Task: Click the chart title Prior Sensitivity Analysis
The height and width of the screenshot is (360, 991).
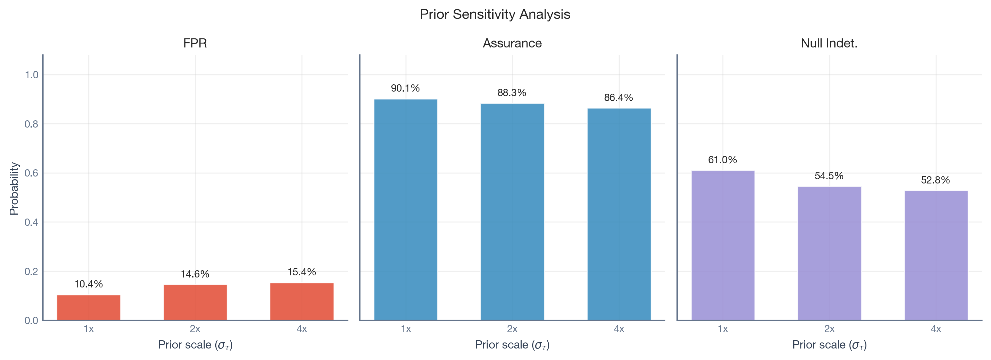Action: (x=495, y=14)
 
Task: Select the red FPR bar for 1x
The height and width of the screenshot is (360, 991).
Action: (x=89, y=307)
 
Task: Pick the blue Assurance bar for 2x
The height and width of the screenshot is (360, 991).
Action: (x=512, y=212)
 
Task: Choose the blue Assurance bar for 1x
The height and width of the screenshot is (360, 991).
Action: (x=406, y=209)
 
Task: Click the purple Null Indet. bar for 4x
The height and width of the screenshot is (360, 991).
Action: (x=936, y=255)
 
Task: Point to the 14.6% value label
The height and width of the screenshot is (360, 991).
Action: (x=195, y=274)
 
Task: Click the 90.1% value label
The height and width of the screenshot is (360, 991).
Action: (x=405, y=88)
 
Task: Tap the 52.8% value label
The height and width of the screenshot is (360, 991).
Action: (x=935, y=180)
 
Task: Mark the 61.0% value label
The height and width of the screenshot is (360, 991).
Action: (x=722, y=160)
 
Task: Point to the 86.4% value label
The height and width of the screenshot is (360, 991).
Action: (x=618, y=97)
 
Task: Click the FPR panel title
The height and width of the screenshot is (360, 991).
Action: (x=195, y=43)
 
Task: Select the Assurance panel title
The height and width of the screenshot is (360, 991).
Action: (x=512, y=43)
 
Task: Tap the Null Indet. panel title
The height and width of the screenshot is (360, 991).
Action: (x=829, y=43)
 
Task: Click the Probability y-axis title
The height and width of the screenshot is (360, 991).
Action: (x=14, y=188)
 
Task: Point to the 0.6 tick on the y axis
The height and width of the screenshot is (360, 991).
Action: (x=31, y=173)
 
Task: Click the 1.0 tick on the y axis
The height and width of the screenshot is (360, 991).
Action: (x=31, y=75)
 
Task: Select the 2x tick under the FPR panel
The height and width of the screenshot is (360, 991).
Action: (x=195, y=329)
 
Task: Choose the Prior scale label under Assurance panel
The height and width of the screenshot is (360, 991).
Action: (x=512, y=345)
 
